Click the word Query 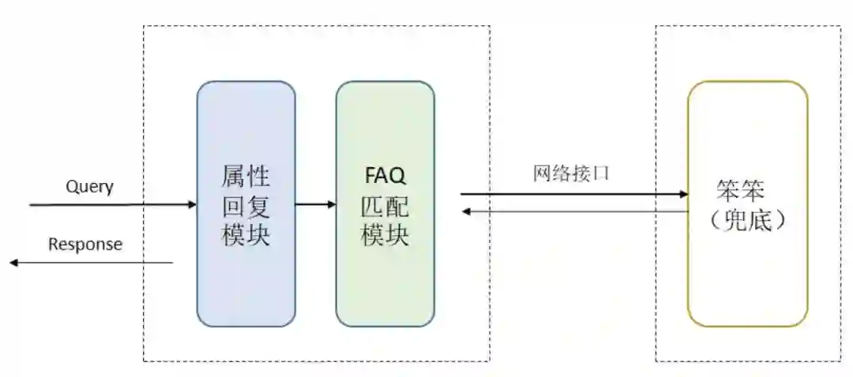(x=89, y=187)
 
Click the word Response (x=85, y=244)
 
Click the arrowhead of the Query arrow (x=192, y=205)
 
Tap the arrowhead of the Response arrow (x=13, y=262)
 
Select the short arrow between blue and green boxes (x=315, y=205)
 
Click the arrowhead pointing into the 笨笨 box (x=683, y=193)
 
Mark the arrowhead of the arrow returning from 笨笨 (x=466, y=211)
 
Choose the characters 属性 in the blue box (x=246, y=176)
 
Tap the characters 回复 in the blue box (x=246, y=206)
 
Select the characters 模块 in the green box (x=385, y=235)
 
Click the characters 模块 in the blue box (x=246, y=236)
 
